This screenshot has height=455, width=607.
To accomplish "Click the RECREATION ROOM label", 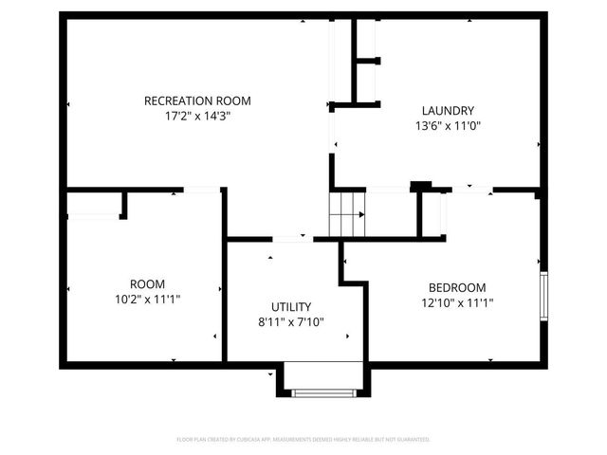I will pyautogui.click(x=197, y=100).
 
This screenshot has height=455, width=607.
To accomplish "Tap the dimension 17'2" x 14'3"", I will pyautogui.click(x=197, y=116).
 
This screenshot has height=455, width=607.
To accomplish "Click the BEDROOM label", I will pyautogui.click(x=457, y=287).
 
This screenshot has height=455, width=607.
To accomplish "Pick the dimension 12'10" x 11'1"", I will pyautogui.click(x=457, y=302).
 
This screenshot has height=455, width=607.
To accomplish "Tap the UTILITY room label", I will pyautogui.click(x=291, y=306).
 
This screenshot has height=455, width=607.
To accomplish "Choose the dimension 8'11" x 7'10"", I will pyautogui.click(x=291, y=321).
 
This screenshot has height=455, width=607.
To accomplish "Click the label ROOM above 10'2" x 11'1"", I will pyautogui.click(x=148, y=283).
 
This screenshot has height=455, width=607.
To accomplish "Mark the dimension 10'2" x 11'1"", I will pyautogui.click(x=148, y=299).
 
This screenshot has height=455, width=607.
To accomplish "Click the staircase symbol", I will pyautogui.click(x=347, y=213).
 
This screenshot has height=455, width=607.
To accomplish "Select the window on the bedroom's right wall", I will pyautogui.click(x=544, y=296).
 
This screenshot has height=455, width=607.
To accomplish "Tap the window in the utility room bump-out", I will pyautogui.click(x=322, y=391).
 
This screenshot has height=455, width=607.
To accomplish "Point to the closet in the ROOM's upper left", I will pyautogui.click(x=95, y=204).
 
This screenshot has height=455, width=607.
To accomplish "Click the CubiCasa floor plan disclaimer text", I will pyautogui.click(x=303, y=439).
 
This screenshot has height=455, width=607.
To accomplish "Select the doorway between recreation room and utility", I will pyautogui.click(x=292, y=238).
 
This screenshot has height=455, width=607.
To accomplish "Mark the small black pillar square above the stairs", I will pyautogui.click(x=419, y=185).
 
